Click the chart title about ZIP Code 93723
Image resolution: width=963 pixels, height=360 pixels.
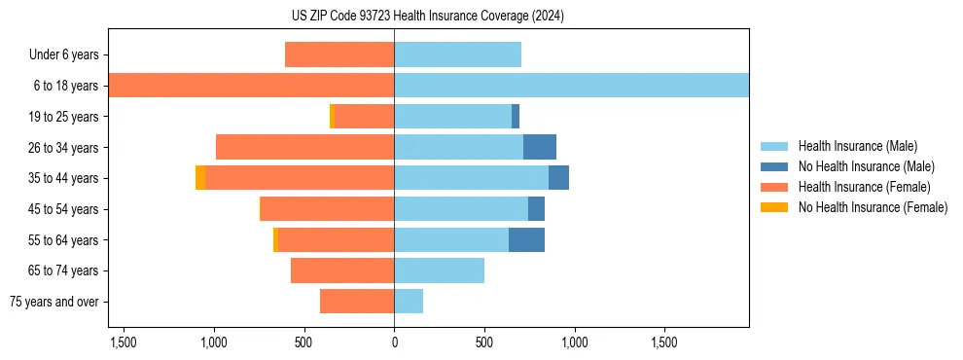428,17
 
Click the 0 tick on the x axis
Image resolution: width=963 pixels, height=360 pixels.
394,343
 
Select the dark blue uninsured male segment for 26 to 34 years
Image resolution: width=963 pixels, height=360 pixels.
540,147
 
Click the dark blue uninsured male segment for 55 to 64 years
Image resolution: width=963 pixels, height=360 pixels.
526,239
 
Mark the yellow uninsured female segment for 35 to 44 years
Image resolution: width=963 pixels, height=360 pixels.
200,178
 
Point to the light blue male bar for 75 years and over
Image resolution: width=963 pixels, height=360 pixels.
409,302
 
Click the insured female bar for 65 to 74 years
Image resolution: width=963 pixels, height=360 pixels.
342,270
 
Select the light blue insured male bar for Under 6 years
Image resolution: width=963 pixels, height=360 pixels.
457,54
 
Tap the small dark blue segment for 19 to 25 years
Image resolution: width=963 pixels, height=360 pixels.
516,117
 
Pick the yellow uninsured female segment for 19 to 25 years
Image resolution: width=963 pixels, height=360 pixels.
332,117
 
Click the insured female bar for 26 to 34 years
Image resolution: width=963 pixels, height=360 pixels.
304,147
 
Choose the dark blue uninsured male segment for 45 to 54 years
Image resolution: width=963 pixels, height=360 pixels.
536,209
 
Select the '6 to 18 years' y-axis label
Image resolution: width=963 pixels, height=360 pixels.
66,86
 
